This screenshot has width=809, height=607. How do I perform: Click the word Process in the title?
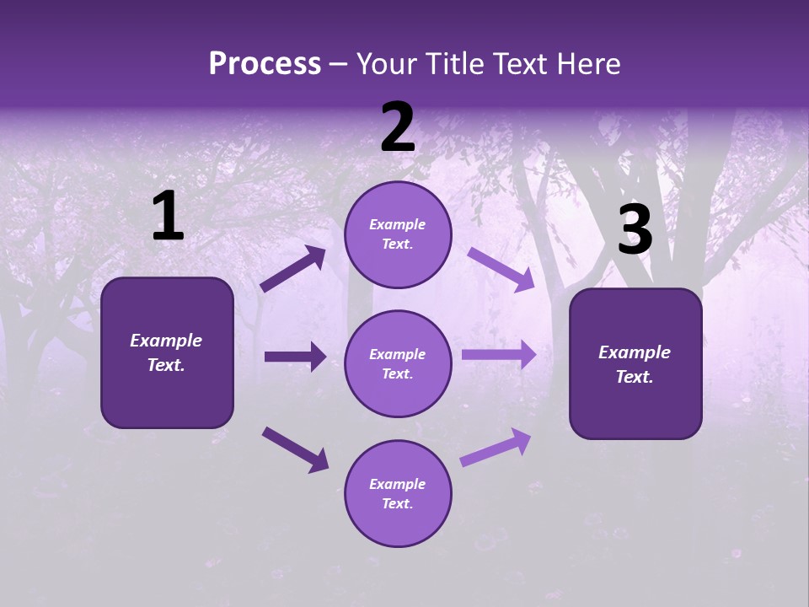click(x=265, y=64)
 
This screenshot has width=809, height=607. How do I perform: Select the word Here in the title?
click(x=587, y=64)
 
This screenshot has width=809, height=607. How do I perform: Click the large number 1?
click(x=168, y=217)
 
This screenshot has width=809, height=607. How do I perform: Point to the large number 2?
click(x=398, y=128)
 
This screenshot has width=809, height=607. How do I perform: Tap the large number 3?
click(x=635, y=230)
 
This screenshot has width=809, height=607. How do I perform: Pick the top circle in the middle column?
click(x=398, y=234)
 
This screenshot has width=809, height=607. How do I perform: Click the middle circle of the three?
click(x=398, y=363)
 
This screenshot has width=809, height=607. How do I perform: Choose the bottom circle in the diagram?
click(x=398, y=493)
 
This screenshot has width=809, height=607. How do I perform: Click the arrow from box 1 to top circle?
click(x=293, y=269)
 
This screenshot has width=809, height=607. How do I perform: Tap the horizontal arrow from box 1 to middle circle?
click(x=295, y=357)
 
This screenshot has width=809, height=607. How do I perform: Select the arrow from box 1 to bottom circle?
click(x=295, y=449)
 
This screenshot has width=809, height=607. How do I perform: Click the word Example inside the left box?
click(x=166, y=341)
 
